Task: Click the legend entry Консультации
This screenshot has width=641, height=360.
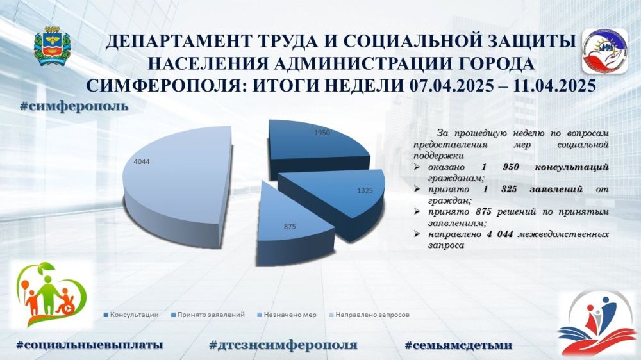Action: point(131,315)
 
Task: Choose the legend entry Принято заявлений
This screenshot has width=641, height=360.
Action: point(208,315)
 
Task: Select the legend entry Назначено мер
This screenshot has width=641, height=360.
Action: point(287,315)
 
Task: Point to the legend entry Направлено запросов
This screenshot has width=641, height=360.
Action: point(369,315)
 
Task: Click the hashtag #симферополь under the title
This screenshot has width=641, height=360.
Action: point(74,106)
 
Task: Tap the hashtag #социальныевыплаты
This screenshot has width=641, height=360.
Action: point(90,345)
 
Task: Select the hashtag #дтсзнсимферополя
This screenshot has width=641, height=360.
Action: point(283,345)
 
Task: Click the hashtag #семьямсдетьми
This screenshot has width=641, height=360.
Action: point(458,345)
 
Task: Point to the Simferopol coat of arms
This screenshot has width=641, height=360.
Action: point(52,46)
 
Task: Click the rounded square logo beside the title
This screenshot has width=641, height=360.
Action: point(604,51)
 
